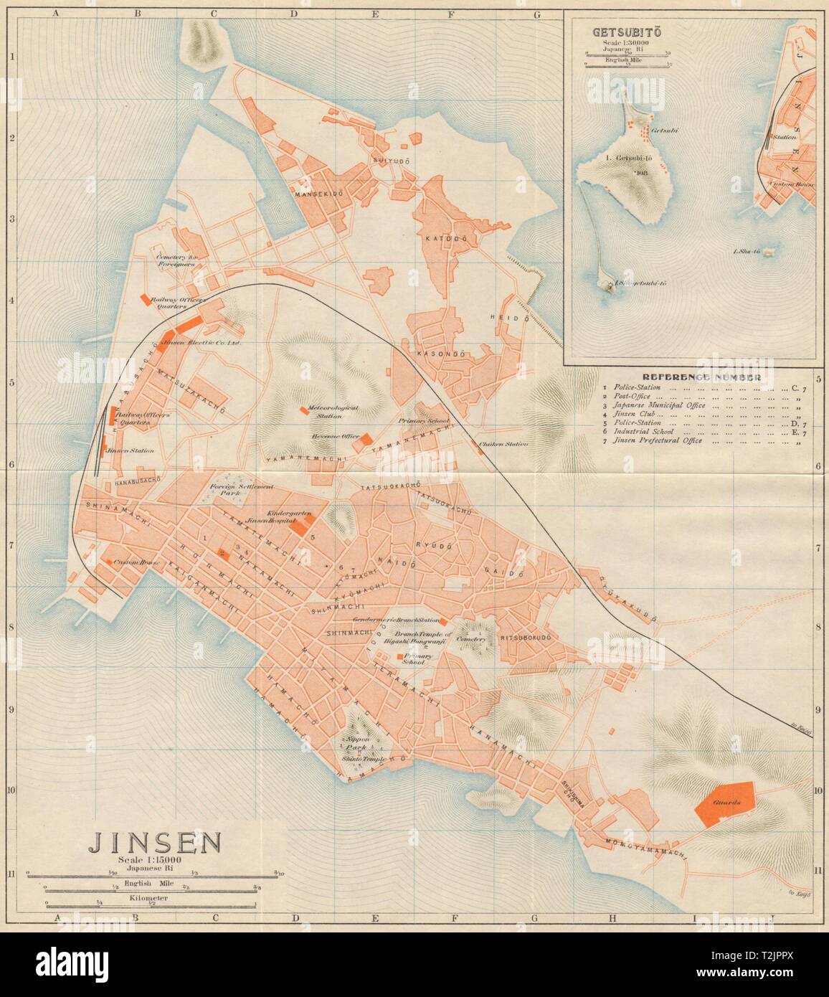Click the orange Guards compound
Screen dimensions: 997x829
tap(726, 802)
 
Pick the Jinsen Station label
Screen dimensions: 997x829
tap(130, 451)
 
